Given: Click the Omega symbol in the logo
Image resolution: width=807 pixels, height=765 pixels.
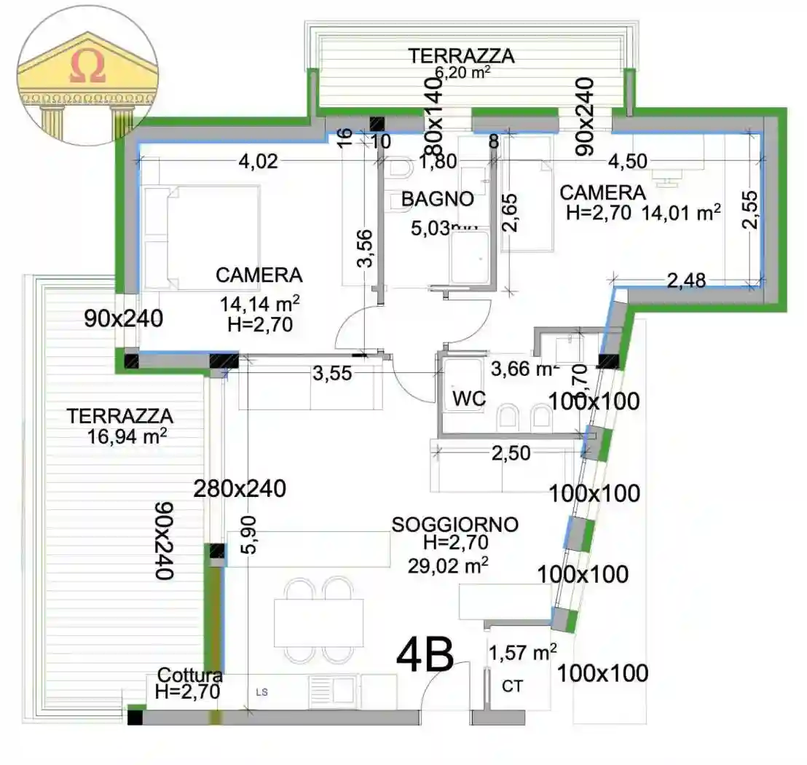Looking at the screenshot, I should [88, 68].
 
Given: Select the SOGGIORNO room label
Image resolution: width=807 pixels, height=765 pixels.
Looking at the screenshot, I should [455, 525].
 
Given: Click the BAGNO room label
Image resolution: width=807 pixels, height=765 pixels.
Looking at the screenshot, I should [438, 198].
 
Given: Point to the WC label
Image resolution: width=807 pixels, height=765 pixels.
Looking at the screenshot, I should [469, 399].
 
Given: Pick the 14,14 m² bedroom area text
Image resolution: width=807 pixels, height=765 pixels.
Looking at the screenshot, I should [260, 303].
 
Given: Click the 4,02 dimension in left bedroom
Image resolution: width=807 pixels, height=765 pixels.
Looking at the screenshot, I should [259, 162].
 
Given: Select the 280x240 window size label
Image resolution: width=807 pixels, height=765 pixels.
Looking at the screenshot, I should [239, 489].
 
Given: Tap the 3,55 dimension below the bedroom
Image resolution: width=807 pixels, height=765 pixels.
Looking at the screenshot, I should [332, 374].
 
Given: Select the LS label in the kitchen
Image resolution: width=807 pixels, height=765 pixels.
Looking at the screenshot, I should [261, 693].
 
